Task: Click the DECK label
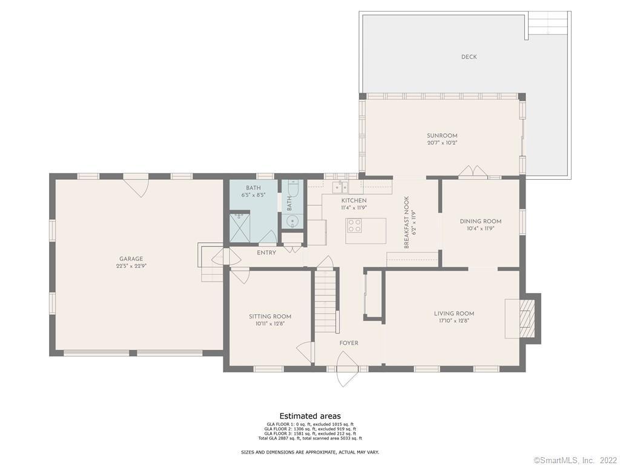(469, 57)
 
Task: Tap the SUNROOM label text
(442, 136)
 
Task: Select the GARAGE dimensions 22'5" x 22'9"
(131, 266)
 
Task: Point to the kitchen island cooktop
(354, 226)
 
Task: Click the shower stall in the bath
(240, 227)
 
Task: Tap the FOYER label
(349, 343)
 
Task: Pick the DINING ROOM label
(480, 222)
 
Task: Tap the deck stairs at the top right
(547, 24)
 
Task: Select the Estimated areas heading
(310, 416)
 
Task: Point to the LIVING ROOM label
(453, 314)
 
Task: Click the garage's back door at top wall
(136, 183)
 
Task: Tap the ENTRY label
(266, 252)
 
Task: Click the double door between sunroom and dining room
(472, 172)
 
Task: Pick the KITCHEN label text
(354, 200)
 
